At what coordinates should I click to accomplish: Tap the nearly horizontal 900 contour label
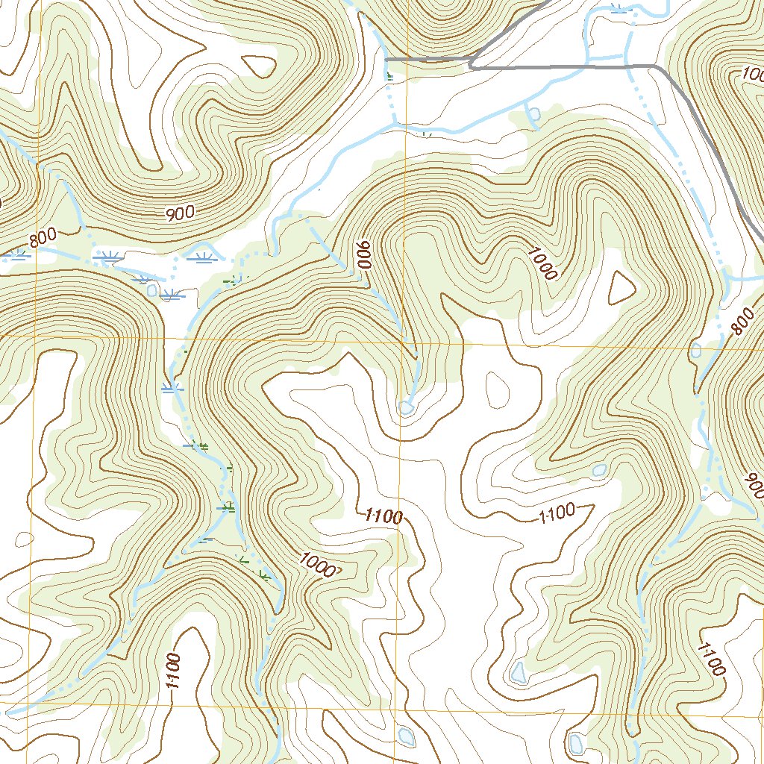180,213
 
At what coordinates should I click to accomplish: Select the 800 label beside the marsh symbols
43,240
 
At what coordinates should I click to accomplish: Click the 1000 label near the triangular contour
542,263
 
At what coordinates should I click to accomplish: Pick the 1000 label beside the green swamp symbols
317,564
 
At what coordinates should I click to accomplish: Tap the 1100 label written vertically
172,671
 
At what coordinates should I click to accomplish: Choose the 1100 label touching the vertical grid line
384,516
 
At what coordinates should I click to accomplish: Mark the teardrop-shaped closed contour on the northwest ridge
259,66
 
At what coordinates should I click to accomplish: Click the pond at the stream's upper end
407,407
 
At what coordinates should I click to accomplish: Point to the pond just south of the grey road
534,114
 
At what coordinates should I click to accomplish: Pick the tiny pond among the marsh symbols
153,289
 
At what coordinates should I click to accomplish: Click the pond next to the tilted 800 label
695,350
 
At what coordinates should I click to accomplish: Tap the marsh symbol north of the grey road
619,9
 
